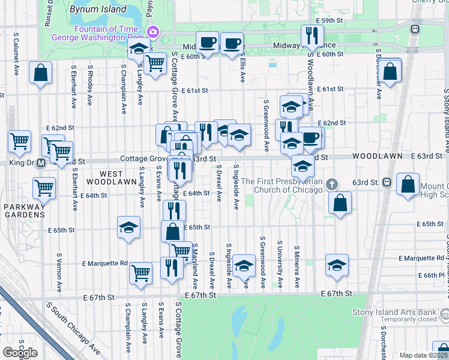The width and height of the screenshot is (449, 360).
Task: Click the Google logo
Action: pyautogui.click(x=20, y=353)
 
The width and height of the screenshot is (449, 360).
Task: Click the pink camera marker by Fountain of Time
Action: pyautogui.click(x=152, y=31)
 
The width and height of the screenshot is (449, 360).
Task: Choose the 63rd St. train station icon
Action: pyautogui.click(x=387, y=182)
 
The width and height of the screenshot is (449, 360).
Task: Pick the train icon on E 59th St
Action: pyautogui.click(x=414, y=28)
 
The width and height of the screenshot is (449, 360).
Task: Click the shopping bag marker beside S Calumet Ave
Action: pyautogui.click(x=40, y=73)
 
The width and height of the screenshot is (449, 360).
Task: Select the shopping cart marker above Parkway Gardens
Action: pyautogui.click(x=44, y=187)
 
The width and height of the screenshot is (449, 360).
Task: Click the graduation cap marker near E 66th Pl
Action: pyautogui.click(x=337, y=265)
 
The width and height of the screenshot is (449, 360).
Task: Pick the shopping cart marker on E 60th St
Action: pyautogui.click(x=155, y=62)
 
